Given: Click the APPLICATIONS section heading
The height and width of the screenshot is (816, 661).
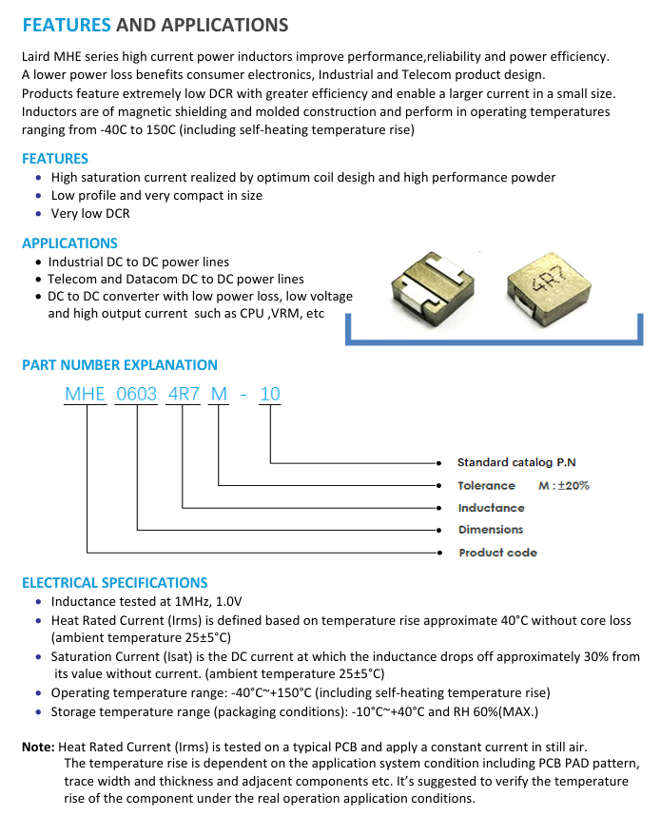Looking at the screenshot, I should [69, 243].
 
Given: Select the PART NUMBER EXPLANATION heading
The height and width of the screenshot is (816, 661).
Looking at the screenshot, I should [119, 365].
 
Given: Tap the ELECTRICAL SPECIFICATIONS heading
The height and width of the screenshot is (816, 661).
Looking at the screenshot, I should [114, 583].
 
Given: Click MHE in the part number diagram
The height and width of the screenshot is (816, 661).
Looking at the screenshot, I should [85, 395].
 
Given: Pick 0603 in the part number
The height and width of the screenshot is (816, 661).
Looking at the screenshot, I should [137, 395].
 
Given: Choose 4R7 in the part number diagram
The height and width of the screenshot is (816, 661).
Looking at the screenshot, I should [184, 395].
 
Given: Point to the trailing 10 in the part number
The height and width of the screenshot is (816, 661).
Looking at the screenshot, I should [270, 395].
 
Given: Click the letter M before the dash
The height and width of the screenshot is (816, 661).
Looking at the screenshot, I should [219, 395].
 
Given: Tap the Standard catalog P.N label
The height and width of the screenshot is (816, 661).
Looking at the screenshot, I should [516, 463].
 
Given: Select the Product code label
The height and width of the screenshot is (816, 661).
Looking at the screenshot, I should [497, 553].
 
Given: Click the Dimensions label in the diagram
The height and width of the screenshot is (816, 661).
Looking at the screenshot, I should [491, 530].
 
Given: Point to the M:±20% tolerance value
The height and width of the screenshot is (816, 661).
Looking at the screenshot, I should [564, 486].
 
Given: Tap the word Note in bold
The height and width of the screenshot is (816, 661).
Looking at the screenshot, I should [38, 748].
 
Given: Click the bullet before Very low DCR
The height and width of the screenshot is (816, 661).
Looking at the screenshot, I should [38, 214].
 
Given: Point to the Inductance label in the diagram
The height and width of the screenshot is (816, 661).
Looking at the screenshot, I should [491, 508].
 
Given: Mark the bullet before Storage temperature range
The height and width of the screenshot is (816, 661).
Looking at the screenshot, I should [38, 711].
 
